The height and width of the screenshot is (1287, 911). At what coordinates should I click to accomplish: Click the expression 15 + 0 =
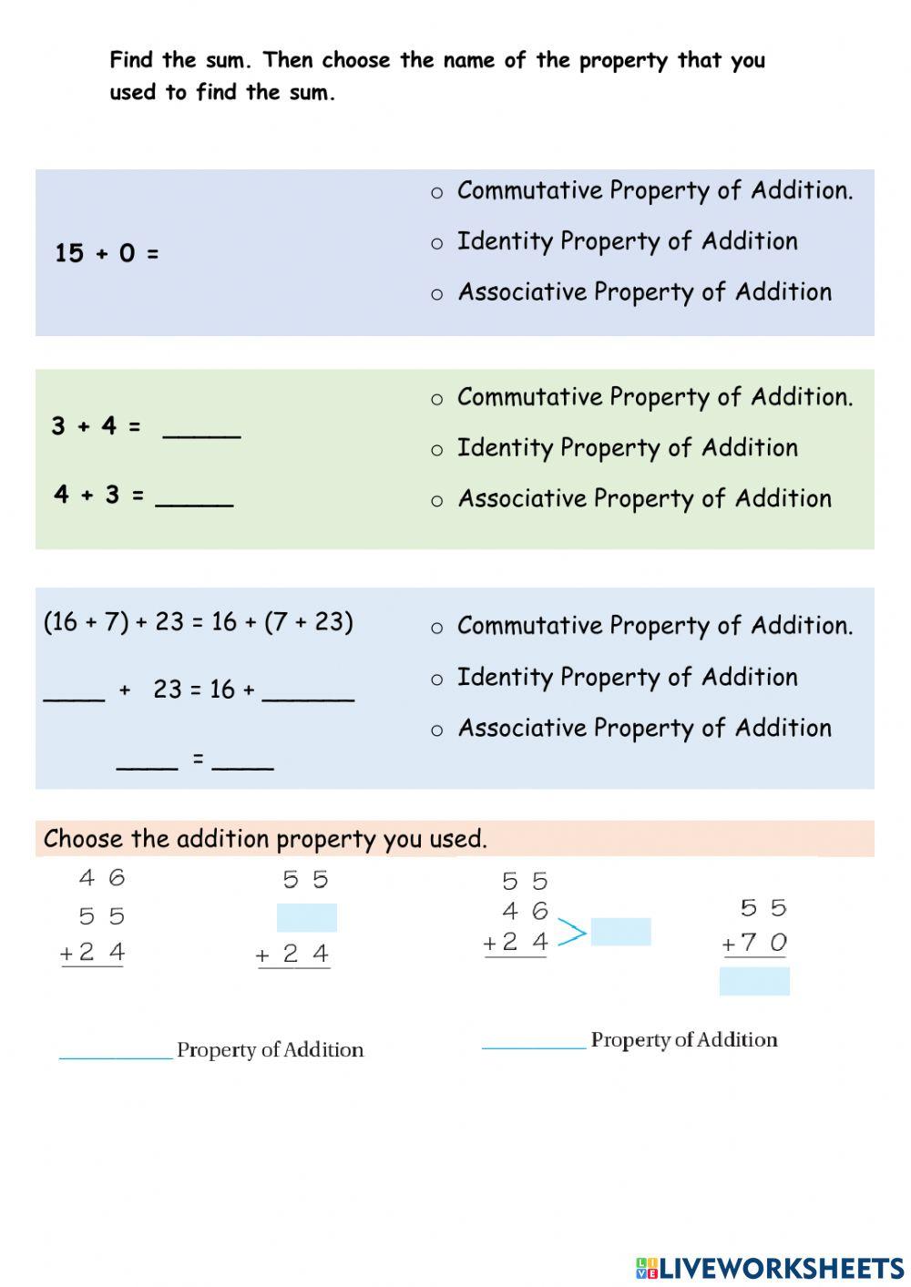point(107,253)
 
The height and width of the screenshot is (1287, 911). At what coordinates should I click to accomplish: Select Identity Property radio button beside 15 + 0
point(437,243)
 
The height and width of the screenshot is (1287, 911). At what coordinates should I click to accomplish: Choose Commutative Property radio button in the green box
point(437,399)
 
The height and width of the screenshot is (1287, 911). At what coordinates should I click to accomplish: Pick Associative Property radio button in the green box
point(437,501)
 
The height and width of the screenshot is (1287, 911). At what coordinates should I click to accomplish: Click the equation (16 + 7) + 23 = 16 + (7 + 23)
point(199,622)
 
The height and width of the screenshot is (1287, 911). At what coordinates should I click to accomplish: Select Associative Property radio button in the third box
point(437,730)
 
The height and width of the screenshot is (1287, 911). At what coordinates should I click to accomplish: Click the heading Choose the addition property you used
point(265,839)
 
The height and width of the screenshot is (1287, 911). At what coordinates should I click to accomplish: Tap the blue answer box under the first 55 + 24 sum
point(306,917)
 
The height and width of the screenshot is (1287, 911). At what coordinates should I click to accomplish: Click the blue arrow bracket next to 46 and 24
point(571,933)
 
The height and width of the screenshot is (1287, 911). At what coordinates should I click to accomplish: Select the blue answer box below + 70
point(754,981)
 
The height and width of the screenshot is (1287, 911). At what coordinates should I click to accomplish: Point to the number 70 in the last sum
point(764,943)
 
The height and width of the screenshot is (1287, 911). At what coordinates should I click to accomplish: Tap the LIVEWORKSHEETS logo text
point(781,1268)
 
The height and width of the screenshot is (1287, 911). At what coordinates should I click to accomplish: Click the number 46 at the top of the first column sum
point(102,878)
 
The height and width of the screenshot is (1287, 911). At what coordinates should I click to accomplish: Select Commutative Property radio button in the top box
point(437,192)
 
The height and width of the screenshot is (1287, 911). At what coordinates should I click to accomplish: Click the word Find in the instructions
point(132,60)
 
